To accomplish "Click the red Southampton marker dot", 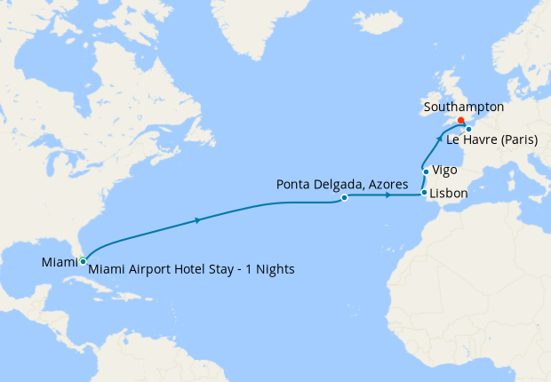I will click(x=460, y=122).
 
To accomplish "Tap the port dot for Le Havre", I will click(x=468, y=130).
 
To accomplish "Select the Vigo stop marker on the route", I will click(x=427, y=171).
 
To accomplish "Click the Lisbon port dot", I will click(x=424, y=193).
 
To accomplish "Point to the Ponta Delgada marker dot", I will click(x=344, y=198).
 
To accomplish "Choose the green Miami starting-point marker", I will click(x=82, y=260).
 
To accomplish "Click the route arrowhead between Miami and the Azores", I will click(x=196, y=220).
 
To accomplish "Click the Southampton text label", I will click(x=465, y=107).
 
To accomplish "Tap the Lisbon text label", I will click(x=450, y=192).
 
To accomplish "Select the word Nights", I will click(x=273, y=268).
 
